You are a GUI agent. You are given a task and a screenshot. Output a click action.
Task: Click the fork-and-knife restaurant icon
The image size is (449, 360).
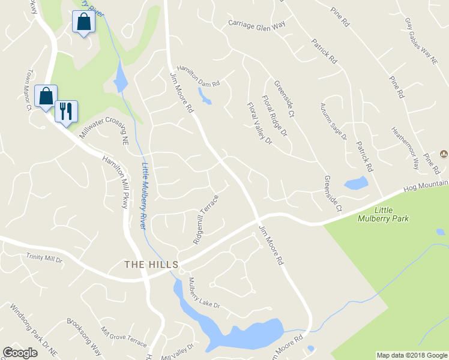click(x=66, y=111)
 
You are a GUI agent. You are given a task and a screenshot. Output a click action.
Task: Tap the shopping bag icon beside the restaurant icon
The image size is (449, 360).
click(x=46, y=96)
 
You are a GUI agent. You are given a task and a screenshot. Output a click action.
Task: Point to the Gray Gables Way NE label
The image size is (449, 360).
click(x=420, y=40)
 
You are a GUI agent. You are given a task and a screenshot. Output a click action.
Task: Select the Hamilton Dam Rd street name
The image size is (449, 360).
click(x=199, y=76)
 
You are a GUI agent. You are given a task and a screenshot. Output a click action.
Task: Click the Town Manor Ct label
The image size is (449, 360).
click(x=28, y=91)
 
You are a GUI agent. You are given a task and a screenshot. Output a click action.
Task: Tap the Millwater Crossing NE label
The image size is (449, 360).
click(x=104, y=130)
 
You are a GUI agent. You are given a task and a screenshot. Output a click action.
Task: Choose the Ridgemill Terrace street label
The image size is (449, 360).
click(x=206, y=218)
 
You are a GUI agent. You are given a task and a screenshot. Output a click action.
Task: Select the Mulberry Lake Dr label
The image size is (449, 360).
click(x=205, y=293)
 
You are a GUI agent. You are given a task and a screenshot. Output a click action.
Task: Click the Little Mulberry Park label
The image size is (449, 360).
click(x=391, y=214)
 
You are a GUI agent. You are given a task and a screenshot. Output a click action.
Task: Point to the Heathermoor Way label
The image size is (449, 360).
click(x=406, y=148)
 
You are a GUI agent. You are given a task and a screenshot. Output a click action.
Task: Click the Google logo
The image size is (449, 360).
click(x=20, y=353)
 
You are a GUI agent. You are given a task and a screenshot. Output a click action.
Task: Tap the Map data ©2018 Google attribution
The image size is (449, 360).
click(x=412, y=355)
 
